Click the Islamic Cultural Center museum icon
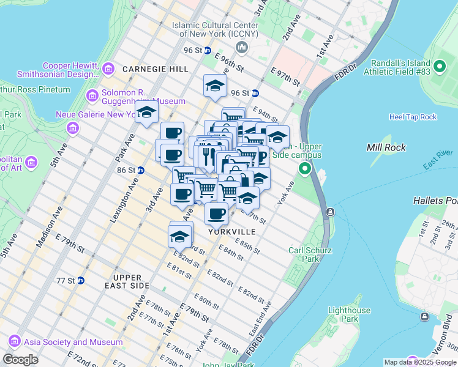(x=241, y=48)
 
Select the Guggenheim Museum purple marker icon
(x=92, y=95)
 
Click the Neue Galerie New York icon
(x=73, y=128)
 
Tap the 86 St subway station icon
(x=140, y=170)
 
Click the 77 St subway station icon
(x=80, y=280)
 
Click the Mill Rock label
(x=383, y=147)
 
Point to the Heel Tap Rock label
(x=413, y=117)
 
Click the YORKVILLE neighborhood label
(x=231, y=232)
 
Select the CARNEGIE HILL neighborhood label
(x=155, y=69)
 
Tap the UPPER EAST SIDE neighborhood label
(x=127, y=281)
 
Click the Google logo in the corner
(x=20, y=360)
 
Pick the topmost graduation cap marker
(x=215, y=86)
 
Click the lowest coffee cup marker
(x=216, y=214)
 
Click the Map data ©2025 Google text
(x=419, y=362)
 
